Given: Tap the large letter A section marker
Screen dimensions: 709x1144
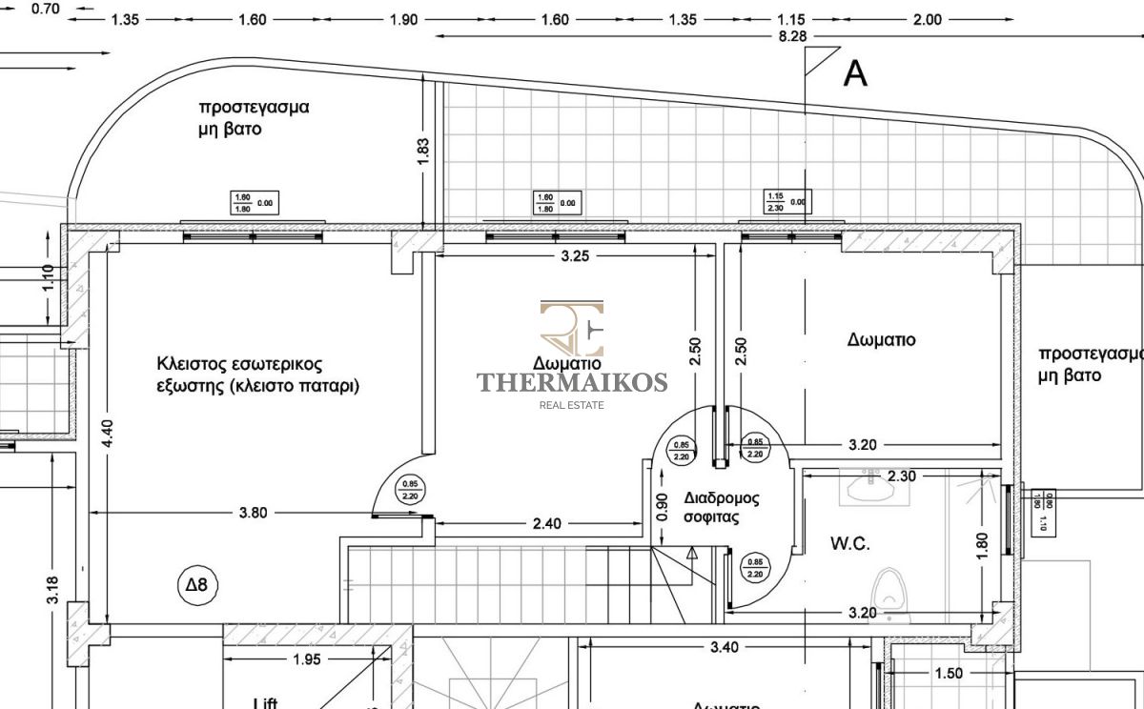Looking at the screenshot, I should click(x=855, y=72).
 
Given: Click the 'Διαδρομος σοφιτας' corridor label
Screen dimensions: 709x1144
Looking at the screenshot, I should click(x=721, y=508).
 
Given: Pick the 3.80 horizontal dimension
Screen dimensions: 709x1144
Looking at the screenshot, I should click(x=254, y=512).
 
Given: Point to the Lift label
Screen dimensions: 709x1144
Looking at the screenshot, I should click(x=266, y=703).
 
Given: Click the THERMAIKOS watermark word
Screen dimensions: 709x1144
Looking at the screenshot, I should click(x=572, y=382).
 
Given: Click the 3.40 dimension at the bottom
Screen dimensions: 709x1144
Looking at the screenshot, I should click(x=725, y=648).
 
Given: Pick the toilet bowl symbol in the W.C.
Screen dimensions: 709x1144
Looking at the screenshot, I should click(x=889, y=591).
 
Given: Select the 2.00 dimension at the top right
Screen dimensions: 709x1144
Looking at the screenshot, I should click(x=927, y=19).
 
